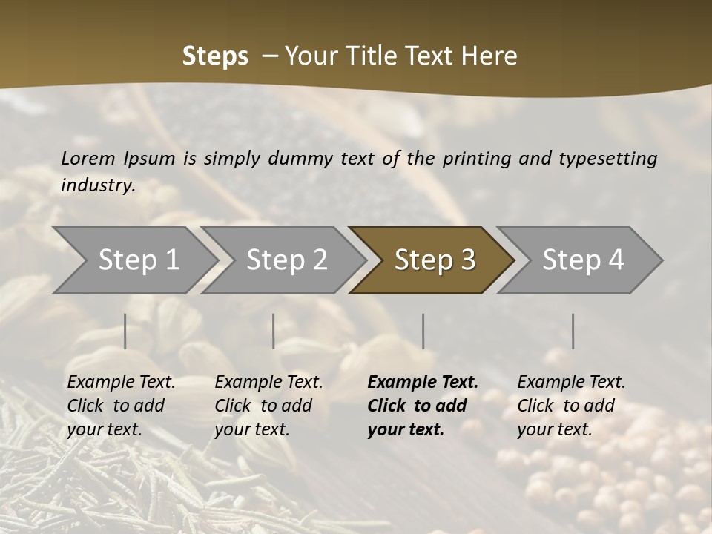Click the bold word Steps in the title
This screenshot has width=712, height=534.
(x=215, y=56)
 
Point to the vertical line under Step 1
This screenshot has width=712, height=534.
(x=125, y=331)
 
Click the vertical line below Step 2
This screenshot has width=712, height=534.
(x=274, y=331)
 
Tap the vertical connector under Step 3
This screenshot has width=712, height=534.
(x=423, y=331)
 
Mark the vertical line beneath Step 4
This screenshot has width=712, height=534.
(x=573, y=331)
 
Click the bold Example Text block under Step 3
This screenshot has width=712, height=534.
(x=423, y=406)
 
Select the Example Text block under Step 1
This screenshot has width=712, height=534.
(x=121, y=406)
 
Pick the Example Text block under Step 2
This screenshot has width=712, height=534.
(x=268, y=406)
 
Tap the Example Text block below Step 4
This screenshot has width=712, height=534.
(x=571, y=406)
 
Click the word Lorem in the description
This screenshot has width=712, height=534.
(x=88, y=159)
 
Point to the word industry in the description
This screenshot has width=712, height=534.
(x=97, y=185)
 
